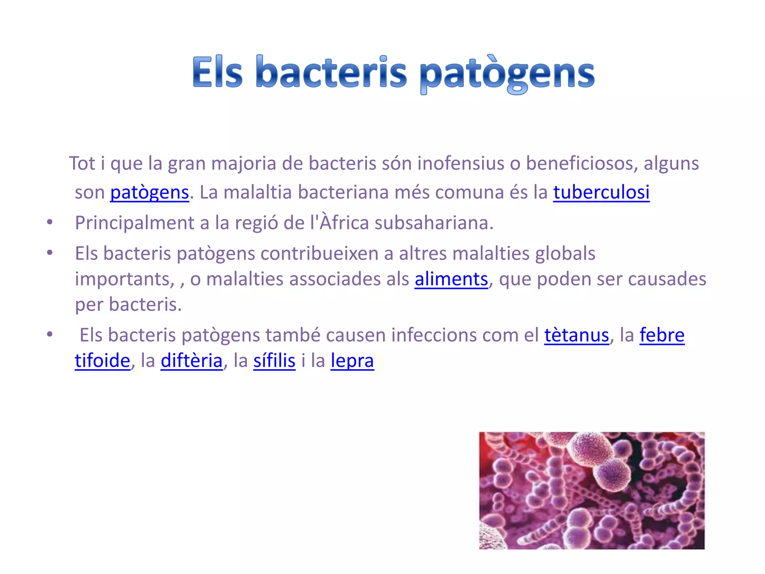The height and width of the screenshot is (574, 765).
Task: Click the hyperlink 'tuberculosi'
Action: tap(601, 192)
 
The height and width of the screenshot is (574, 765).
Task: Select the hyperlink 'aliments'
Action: tap(451, 279)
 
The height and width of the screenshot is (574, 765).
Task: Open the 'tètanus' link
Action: tap(576, 335)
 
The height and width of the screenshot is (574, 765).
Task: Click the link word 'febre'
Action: tap(662, 335)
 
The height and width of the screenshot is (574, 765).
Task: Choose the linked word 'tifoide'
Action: tap(102, 361)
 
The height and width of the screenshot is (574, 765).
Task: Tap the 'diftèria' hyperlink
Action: tap(192, 361)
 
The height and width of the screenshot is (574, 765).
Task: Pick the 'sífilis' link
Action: tap(274, 361)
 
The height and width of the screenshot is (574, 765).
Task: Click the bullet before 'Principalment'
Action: tap(50, 223)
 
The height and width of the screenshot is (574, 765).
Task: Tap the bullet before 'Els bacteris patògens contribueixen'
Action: tap(50, 253)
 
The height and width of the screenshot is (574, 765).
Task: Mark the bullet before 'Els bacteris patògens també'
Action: tap(50, 334)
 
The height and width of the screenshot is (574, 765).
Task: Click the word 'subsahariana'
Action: tap(434, 223)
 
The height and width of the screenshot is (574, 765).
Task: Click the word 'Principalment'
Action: tap(134, 223)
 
